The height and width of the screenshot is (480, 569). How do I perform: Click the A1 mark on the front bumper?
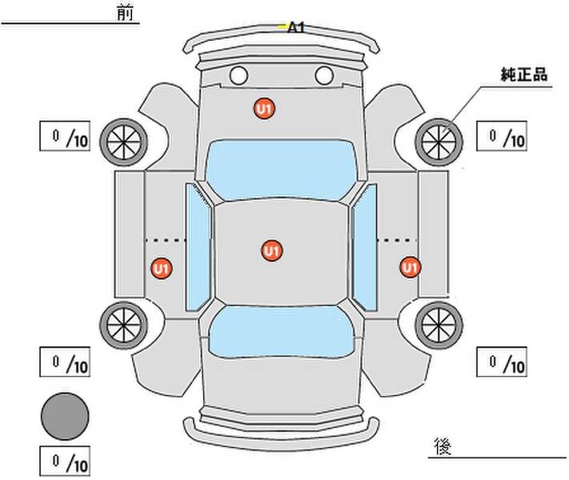point(295,27)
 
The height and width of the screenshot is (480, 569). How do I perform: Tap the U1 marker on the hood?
point(264,109)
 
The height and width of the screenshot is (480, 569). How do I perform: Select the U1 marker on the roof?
point(272,250)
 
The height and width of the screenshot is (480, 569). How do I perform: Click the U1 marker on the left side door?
point(162,269)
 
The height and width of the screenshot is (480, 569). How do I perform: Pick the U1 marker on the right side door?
point(410,267)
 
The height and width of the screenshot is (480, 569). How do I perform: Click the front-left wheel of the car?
point(124,142)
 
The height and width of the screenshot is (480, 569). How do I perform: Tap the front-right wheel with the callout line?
point(439,142)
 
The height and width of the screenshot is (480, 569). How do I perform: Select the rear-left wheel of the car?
point(124,326)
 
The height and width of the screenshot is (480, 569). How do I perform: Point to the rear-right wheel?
point(439,326)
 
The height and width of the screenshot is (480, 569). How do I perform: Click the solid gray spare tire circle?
point(65,416)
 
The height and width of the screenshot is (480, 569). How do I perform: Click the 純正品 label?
point(524,74)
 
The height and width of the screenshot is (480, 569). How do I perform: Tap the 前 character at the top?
point(125,13)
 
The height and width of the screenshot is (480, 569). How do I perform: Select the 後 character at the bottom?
point(443,446)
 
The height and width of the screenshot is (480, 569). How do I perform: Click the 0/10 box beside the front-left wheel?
point(65,136)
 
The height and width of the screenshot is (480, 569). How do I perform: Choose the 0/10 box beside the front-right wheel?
point(502,136)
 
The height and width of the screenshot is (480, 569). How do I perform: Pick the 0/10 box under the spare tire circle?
point(65,461)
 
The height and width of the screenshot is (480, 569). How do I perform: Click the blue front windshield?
point(281,170)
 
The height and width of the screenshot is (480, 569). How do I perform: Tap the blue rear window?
point(282,331)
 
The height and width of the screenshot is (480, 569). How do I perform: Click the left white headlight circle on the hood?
point(238,75)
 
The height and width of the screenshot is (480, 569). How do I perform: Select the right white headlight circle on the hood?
point(324,75)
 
